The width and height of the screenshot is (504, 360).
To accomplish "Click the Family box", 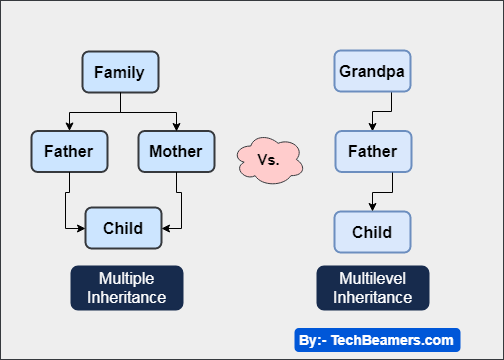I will point(120,72).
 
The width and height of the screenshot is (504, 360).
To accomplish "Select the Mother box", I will point(175,152).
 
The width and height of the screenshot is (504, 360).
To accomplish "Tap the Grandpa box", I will point(373,72).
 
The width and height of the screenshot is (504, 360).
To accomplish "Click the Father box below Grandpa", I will point(373,152).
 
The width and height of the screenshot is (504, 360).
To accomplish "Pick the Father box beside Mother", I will point(68,152).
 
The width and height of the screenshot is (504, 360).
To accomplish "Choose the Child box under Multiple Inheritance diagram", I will point(122,228).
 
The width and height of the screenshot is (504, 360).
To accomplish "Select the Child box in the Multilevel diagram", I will point(373,232).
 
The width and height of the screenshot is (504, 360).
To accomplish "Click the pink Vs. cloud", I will point(270,158).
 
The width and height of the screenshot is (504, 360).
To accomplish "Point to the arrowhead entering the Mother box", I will point(176,127).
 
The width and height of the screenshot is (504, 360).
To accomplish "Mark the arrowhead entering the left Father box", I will point(68,127).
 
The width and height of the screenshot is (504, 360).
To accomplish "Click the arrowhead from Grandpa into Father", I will point(373,127).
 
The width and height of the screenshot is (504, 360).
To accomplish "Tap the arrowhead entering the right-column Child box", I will point(373,207).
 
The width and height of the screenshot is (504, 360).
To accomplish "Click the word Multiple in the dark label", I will point(126,278).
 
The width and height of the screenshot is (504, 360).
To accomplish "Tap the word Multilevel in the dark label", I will point(372,279).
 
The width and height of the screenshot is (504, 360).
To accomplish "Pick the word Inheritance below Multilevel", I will point(372,297).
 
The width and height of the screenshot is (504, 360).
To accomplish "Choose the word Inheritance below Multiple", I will point(126,297).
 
